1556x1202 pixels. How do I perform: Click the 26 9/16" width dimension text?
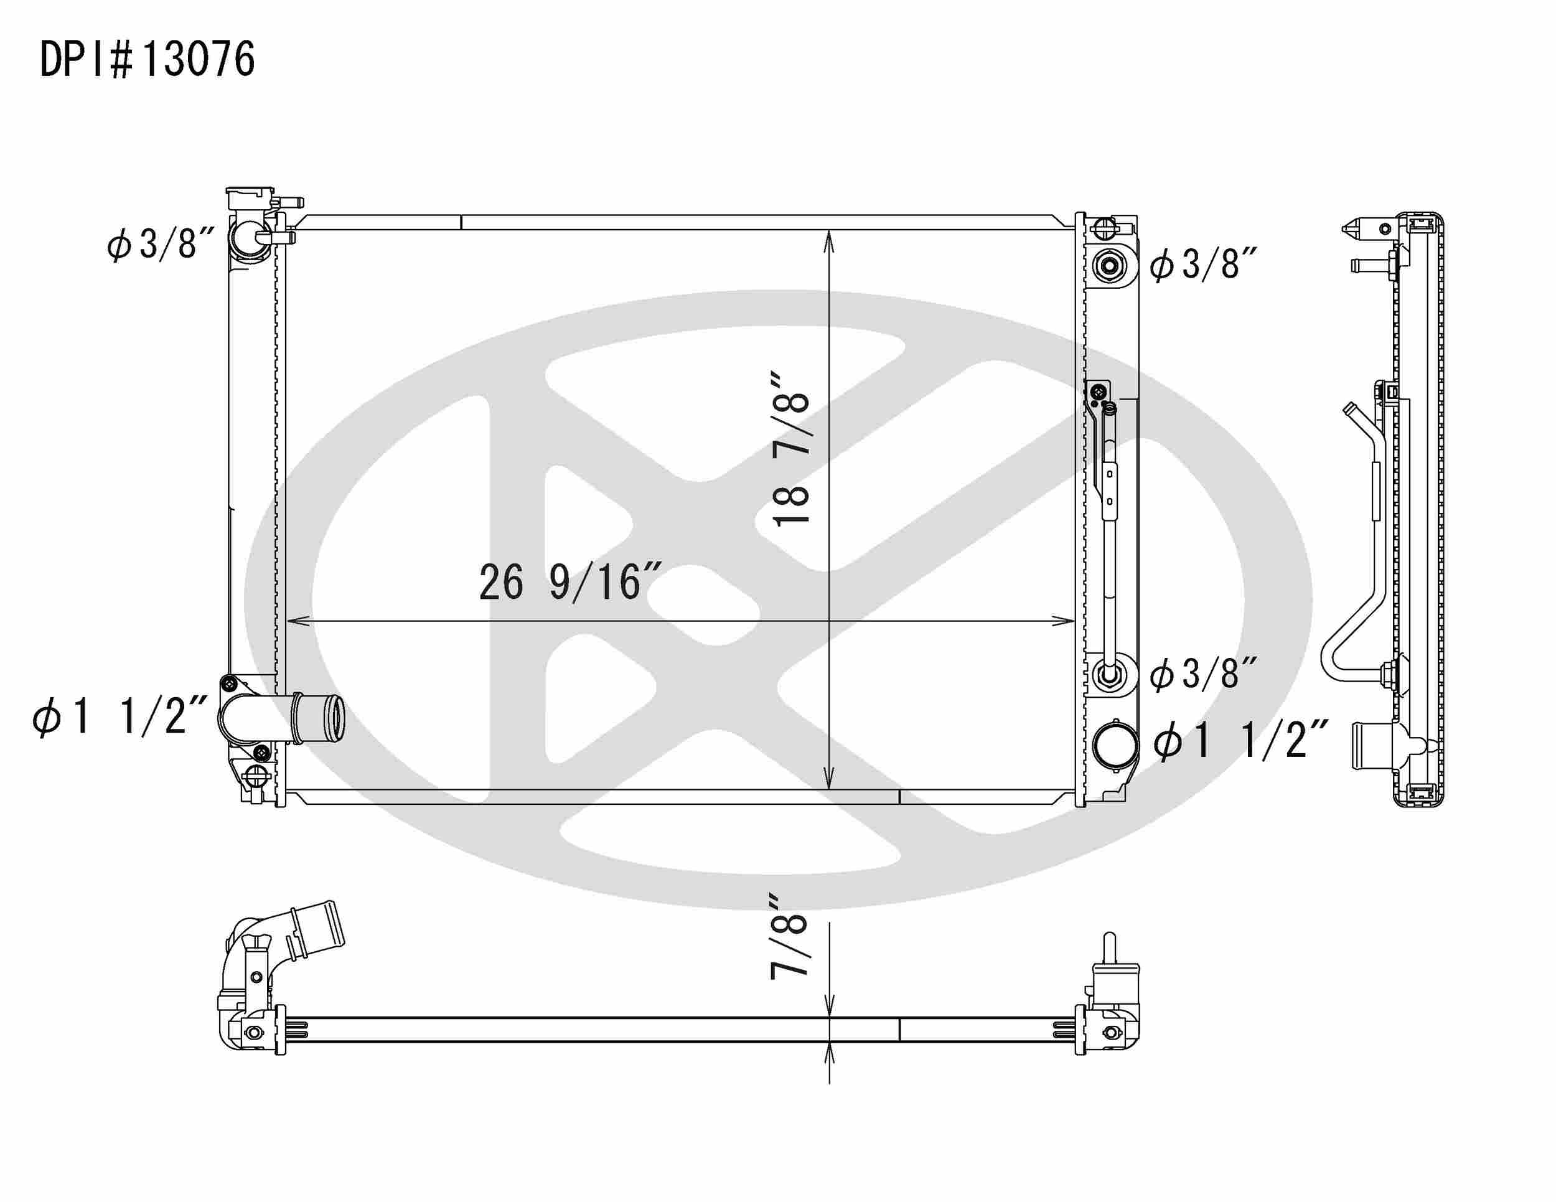click(570, 582)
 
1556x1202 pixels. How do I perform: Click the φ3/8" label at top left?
click(161, 245)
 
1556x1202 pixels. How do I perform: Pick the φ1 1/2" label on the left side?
click(120, 715)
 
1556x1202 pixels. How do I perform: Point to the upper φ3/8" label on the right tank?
click(1202, 265)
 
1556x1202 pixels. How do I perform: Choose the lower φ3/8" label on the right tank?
click(1202, 674)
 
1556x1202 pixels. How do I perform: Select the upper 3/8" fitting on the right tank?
click(1109, 266)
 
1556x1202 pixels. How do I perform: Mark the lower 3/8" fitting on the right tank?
click(1108, 673)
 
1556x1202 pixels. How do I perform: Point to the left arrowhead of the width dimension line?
click(294, 621)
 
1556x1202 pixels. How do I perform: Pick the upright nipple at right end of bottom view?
click(1109, 947)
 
